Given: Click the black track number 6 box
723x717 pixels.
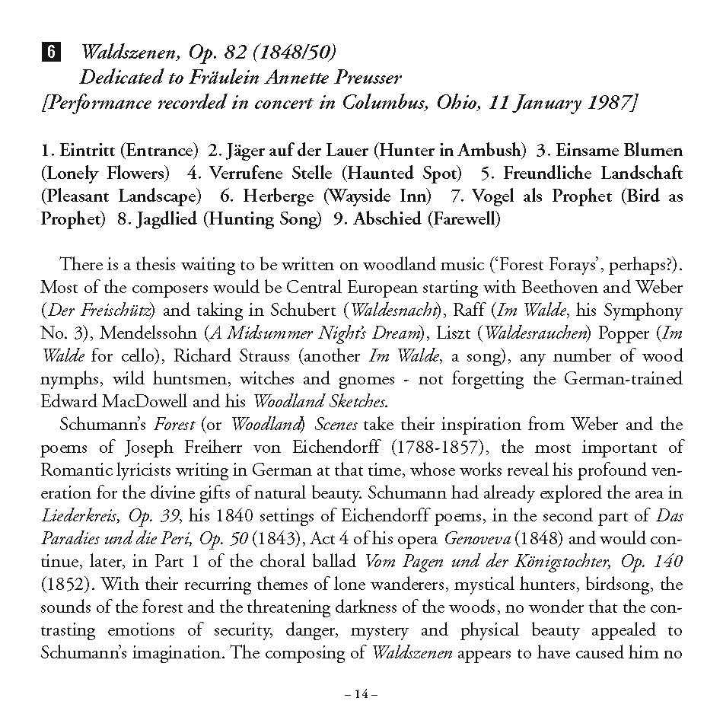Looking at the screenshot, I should click(x=50, y=52).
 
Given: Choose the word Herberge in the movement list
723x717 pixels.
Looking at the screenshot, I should click(x=278, y=196).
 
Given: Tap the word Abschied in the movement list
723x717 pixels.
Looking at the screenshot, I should click(x=387, y=219).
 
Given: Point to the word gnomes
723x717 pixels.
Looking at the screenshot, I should click(x=367, y=379).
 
